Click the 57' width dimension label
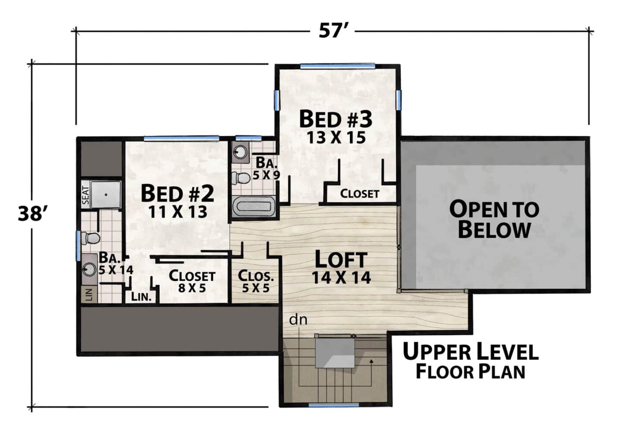tap(333, 31)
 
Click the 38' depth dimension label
tap(32, 214)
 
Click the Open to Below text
tap(494, 220)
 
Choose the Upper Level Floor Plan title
tap(470, 361)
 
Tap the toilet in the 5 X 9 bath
tap(241, 178)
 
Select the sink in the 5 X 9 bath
tap(239, 152)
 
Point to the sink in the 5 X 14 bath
tap(89, 269)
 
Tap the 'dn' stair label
tap(298, 320)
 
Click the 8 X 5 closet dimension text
tap(192, 288)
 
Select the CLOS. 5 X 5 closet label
tap(256, 282)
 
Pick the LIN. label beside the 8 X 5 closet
tap(141, 297)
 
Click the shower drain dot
tap(106, 195)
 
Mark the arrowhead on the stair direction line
tap(371, 361)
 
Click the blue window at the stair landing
tap(334, 405)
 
